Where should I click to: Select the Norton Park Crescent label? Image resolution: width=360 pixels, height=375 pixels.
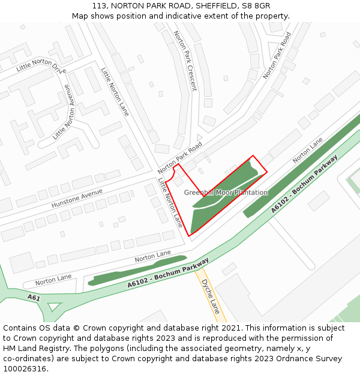185,60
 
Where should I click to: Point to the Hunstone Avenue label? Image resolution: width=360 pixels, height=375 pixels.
77,197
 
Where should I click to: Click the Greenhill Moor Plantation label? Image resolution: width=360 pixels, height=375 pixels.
226,193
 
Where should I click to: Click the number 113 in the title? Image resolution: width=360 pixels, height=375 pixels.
99,5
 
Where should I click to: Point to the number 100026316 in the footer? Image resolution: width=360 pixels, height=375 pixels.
25,369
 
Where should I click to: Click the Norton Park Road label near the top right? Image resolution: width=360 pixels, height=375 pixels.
277,55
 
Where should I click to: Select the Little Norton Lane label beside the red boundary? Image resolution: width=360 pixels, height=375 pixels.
170,202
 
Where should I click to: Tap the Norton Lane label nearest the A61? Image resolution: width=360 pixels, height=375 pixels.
53,280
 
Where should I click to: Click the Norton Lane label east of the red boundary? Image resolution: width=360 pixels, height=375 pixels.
307,150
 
